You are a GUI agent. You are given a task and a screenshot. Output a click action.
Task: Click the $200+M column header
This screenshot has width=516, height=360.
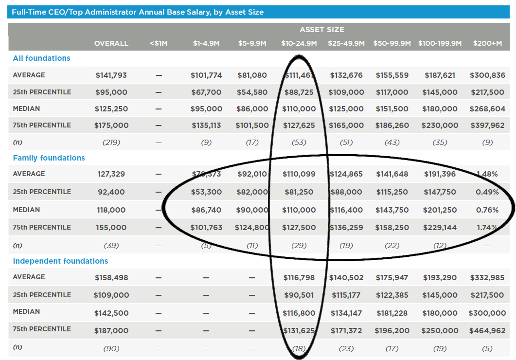click(x=487, y=43)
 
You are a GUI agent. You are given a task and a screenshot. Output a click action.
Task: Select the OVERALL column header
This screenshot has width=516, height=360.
click(x=111, y=43)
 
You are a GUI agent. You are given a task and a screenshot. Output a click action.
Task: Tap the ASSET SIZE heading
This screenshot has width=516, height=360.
click(x=322, y=30)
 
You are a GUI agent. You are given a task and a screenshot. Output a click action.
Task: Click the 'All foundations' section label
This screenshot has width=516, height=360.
click(x=41, y=58)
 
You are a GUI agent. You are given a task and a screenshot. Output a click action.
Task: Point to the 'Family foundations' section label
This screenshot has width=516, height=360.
click(x=49, y=158)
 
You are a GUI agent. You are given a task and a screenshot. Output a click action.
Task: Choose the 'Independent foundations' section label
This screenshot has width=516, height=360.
click(x=60, y=261)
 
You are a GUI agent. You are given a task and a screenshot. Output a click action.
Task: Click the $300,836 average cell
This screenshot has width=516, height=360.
click(x=487, y=75)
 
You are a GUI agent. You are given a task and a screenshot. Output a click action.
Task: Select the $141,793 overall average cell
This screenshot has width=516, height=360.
click(x=111, y=75)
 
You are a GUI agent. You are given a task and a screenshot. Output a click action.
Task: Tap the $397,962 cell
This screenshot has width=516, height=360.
click(x=487, y=126)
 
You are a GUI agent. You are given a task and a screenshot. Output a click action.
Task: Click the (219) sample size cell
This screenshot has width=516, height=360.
click(x=111, y=143)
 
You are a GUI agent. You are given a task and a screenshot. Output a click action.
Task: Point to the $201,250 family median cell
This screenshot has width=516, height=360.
click(x=440, y=210)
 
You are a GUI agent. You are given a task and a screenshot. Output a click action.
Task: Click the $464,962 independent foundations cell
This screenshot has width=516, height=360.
click(x=487, y=331)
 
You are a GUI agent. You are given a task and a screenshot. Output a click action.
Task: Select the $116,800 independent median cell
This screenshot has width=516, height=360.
click(x=299, y=313)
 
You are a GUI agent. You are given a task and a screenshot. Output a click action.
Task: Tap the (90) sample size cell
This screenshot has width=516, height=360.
click(x=111, y=348)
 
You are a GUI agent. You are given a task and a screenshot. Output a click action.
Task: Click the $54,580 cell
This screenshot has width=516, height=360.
click(x=252, y=92)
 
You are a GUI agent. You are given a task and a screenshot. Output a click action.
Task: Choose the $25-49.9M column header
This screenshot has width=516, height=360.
click(x=346, y=43)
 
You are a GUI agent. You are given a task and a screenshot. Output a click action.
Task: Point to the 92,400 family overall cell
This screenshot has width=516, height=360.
click(x=111, y=192)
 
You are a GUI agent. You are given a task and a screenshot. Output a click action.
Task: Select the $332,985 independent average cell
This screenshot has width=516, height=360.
click(x=487, y=278)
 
